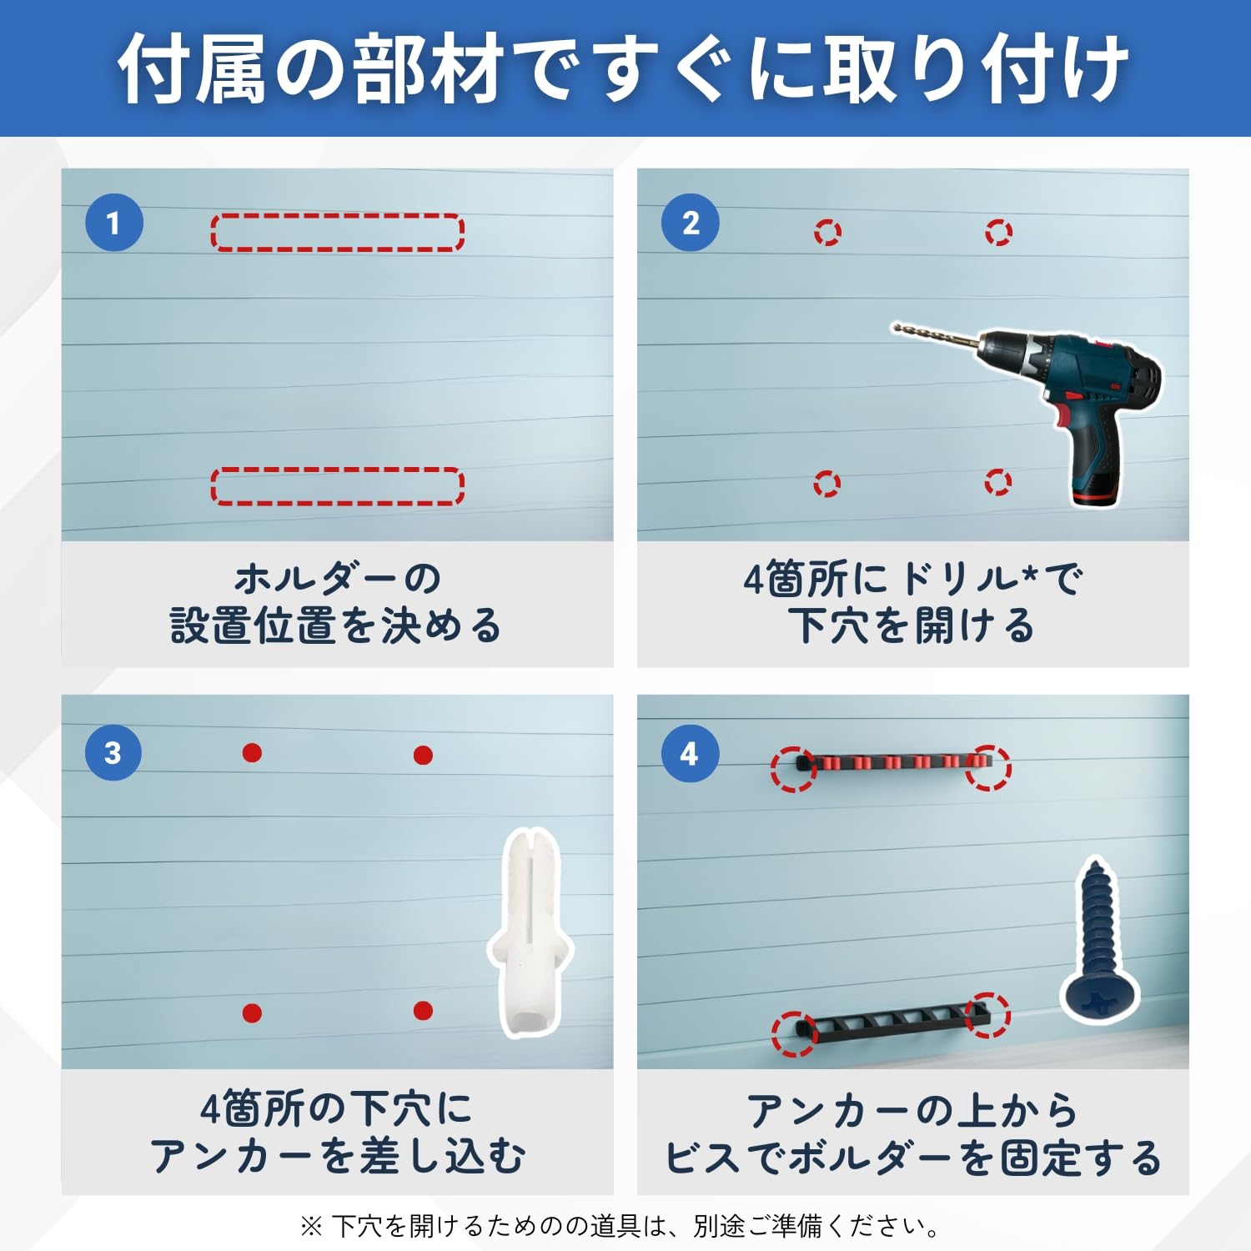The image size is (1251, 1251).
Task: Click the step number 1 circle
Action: pos(114,223)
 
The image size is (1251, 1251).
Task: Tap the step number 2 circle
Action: pos(691,223)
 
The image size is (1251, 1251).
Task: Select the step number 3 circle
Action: pos(113,752)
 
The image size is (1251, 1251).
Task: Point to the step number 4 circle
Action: pos(690,753)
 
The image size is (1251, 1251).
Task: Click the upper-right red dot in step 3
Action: pos(423,756)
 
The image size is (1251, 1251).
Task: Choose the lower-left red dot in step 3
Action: pos(252,1013)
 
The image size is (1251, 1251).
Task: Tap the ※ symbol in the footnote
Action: pos(311,1226)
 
